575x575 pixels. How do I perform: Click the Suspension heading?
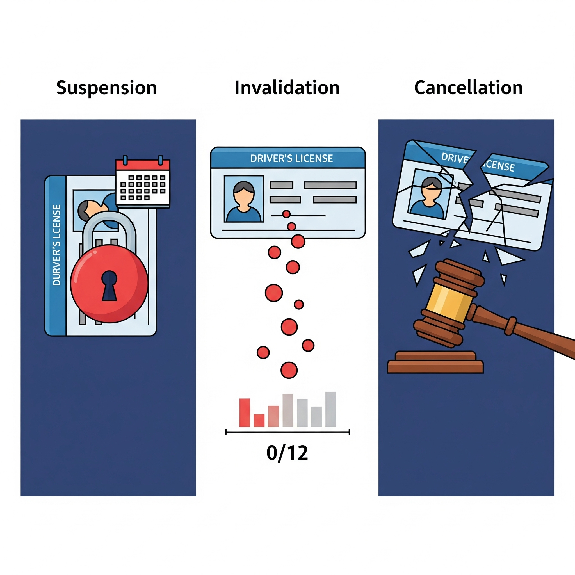[106, 88]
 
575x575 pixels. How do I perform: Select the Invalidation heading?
[287, 88]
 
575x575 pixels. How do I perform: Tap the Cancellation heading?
[469, 88]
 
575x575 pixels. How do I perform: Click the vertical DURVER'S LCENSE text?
[56, 245]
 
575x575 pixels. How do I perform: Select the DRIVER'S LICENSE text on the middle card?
[291, 158]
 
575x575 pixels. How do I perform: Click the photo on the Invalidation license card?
[244, 199]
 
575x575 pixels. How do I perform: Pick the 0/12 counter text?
[287, 453]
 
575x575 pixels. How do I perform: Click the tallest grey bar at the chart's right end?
[331, 409]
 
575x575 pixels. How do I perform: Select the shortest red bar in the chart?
[259, 420]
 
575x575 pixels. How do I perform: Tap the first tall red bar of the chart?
[245, 412]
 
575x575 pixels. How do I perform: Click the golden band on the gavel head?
[449, 301]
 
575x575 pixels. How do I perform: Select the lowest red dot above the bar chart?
[289, 370]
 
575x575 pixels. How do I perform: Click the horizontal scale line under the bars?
[287, 432]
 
